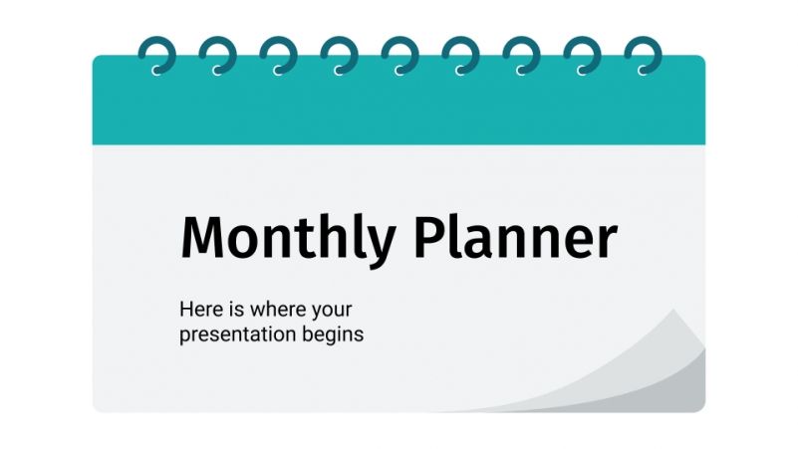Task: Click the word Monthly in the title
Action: tap(288, 240)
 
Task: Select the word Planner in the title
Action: tap(516, 240)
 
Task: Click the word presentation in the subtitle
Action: tap(237, 335)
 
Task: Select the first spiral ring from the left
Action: tap(155, 56)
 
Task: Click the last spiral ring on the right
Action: tap(641, 56)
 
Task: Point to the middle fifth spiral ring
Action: tap(399, 56)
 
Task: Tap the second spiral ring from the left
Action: tap(216, 56)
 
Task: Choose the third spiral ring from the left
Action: tap(277, 56)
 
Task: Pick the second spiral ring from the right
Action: tap(580, 56)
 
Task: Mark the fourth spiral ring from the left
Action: tap(338, 56)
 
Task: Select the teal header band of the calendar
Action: tap(399, 110)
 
